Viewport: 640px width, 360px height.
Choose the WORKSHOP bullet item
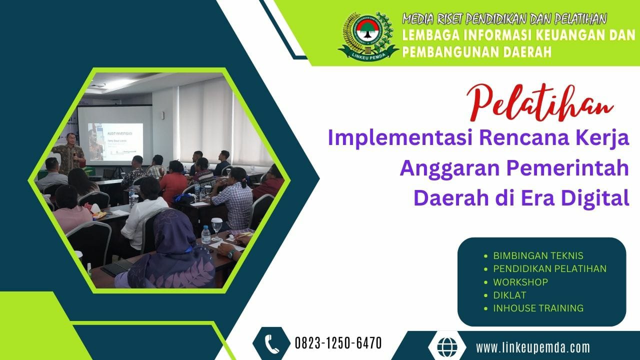[520, 282]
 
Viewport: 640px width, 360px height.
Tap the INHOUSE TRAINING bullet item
[538, 308]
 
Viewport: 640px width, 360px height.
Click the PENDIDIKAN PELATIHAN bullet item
[549, 268]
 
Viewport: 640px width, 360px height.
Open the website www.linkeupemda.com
[533, 347]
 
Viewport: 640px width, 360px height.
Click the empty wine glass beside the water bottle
[217, 226]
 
